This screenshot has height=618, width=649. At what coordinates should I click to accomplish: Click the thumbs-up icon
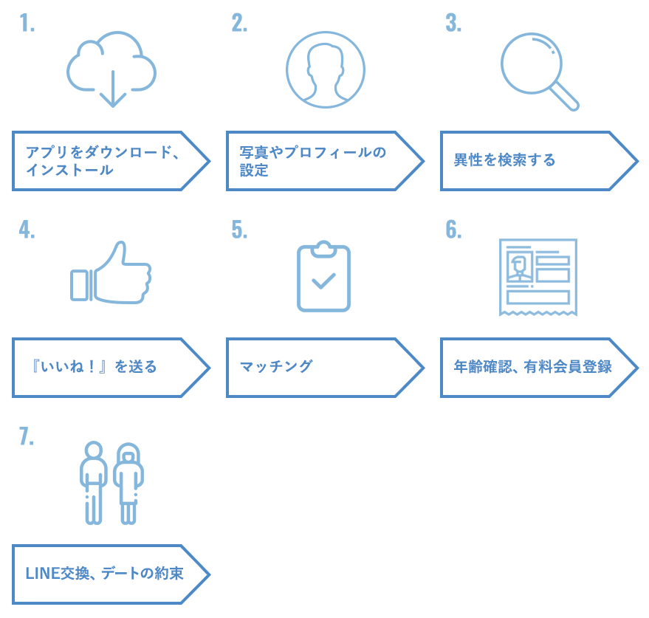click(x=111, y=273)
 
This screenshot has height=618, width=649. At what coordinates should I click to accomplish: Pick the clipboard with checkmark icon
click(x=323, y=276)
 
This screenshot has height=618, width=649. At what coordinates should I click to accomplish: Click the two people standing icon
click(x=111, y=483)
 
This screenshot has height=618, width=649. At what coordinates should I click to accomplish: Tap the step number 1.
click(x=27, y=24)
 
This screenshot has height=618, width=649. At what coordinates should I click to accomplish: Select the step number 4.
click(x=27, y=230)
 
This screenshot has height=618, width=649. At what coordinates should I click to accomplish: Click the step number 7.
click(x=27, y=436)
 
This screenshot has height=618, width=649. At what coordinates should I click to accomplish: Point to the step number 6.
click(x=453, y=230)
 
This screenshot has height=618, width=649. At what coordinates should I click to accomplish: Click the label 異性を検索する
click(x=504, y=160)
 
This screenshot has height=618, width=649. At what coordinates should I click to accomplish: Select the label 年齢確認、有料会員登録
click(x=532, y=366)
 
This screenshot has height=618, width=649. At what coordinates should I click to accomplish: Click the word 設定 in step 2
click(x=255, y=171)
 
